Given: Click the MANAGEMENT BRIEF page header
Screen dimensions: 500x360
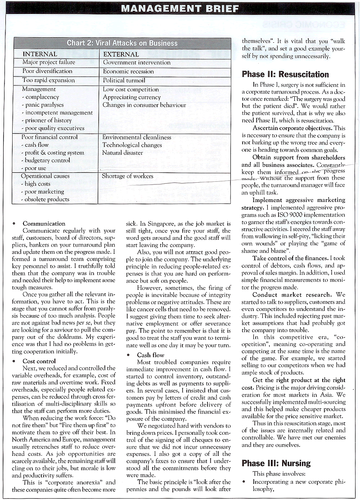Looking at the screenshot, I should click(180, 9).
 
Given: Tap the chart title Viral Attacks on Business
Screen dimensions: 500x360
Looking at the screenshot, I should click(122, 43).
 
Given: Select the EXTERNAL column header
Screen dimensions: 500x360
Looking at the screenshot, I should click(121, 54).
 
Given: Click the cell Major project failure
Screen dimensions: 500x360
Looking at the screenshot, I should click(49, 62).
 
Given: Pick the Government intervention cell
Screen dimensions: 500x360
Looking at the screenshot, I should click(136, 63).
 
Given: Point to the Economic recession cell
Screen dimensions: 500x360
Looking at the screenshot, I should click(128, 71).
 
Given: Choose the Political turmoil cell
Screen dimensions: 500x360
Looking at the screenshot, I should click(124, 80).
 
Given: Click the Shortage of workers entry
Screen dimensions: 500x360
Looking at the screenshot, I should click(127, 176).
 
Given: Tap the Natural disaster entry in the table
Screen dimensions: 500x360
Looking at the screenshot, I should click(122, 153).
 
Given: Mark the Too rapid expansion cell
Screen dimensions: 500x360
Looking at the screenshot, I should click(48, 80).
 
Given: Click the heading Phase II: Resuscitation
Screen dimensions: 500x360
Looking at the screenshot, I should click(285, 74).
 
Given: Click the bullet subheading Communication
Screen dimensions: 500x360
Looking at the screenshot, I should click(44, 224).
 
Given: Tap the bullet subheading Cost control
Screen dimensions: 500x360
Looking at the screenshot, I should click(40, 361).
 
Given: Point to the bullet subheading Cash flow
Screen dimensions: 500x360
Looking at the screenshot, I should click(151, 355).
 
